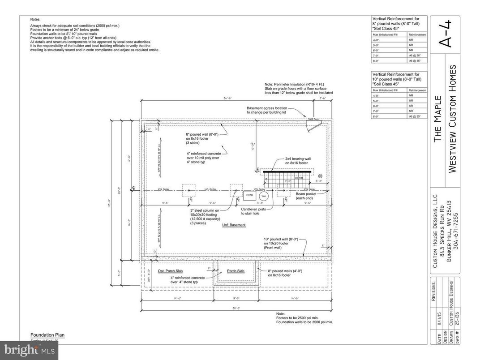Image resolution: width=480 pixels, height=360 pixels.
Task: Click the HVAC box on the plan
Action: coord(249,195)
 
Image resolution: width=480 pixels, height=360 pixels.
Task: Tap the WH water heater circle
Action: coord(264,196)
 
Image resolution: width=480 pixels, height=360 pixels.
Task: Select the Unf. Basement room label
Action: coord(234,225)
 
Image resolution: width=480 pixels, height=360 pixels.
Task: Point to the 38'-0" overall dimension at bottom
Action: coord(236,308)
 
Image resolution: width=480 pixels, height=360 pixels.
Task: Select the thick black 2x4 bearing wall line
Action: coord(287,171)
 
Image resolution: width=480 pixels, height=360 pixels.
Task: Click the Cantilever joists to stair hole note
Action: coord(254,211)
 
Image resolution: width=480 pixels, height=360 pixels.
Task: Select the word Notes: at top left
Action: coord(35,19)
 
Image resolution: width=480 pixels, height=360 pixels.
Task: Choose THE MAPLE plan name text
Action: coord(437,118)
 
